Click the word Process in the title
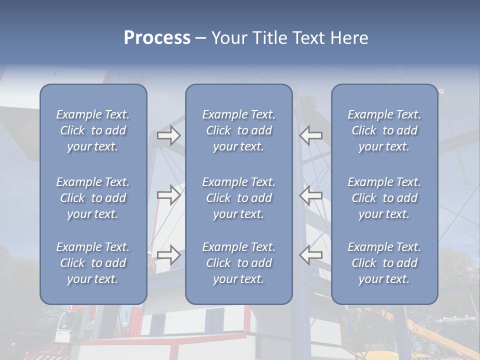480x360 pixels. pos(157,38)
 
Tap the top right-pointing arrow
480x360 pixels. pos(168,135)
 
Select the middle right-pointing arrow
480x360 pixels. pos(168,194)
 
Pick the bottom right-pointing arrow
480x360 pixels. pos(168,255)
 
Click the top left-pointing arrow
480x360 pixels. pos(311,135)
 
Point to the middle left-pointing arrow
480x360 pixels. pos(311,194)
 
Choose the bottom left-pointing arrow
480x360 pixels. pos(311,255)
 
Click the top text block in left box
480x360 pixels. pos(93,130)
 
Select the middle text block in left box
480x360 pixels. pos(93,198)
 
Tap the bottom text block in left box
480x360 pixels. pos(93,263)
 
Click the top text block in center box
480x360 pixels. pos(238,130)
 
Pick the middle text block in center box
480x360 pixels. pos(238,198)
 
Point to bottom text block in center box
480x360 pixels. pos(238,263)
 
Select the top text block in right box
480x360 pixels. pos(384,130)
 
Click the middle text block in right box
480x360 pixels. pos(384,198)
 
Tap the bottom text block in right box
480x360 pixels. pos(384,263)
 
